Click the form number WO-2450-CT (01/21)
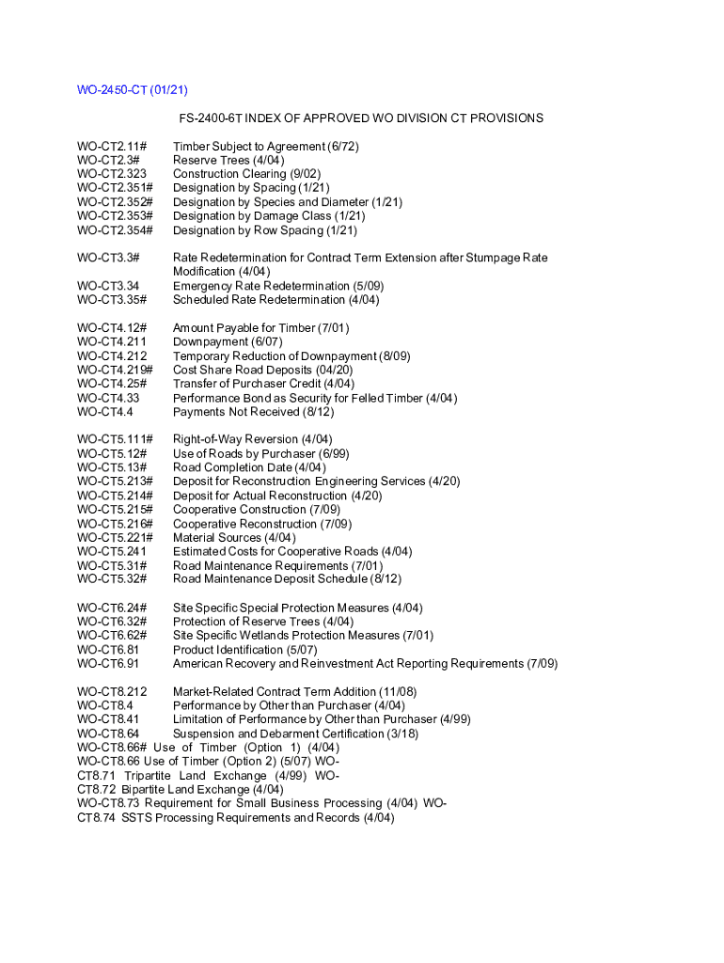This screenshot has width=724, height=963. [133, 90]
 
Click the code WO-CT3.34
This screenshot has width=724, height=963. [108, 286]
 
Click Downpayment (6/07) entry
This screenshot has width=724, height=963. [227, 341]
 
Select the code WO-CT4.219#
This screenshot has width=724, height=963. [115, 370]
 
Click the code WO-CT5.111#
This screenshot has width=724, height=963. [115, 439]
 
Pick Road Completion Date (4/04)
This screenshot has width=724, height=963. [249, 467]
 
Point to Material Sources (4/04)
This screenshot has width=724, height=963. [233, 538]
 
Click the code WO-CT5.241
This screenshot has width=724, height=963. [111, 551]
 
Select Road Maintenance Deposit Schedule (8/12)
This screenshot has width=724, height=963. [287, 579]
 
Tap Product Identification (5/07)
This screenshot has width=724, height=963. [244, 650]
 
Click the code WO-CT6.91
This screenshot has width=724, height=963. [108, 663]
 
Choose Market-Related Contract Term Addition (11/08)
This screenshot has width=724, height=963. [294, 692]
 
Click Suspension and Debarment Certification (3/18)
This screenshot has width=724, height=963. [295, 734]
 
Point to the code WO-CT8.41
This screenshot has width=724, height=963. [108, 719]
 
